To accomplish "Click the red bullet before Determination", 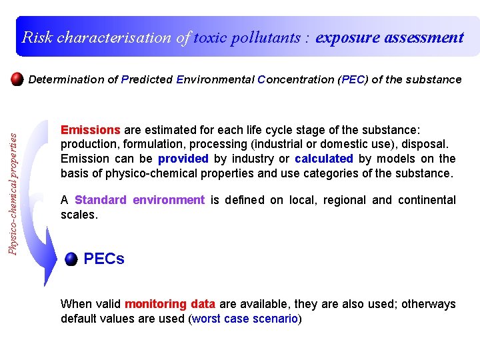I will (18, 79).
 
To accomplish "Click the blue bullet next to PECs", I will (71, 260).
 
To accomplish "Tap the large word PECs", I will (104, 259).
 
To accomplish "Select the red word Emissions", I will (90, 129).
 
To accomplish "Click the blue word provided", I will (183, 159).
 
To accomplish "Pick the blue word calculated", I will (323, 159).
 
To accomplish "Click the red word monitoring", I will (155, 304).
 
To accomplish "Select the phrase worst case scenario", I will (245, 319).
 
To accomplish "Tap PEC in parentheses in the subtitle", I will (352, 79).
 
